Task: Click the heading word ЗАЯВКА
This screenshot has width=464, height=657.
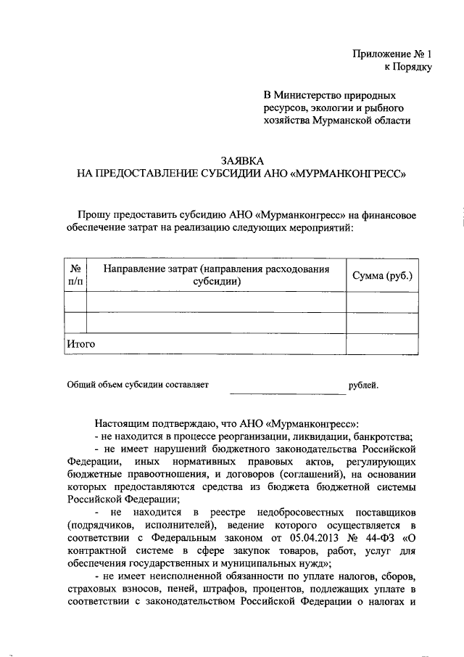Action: coord(241,161)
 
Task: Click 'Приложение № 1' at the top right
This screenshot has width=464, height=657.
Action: coord(391,54)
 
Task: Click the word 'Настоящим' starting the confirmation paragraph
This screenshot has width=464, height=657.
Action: coord(120,423)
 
